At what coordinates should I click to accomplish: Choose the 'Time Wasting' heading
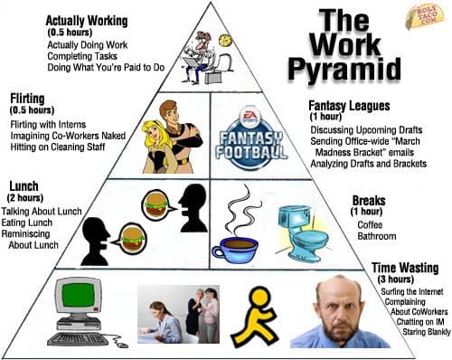[x=406, y=268]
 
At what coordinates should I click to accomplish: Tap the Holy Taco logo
[x=426, y=15]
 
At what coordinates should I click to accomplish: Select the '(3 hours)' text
[x=394, y=279]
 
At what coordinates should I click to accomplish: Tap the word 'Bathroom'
[x=376, y=236]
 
